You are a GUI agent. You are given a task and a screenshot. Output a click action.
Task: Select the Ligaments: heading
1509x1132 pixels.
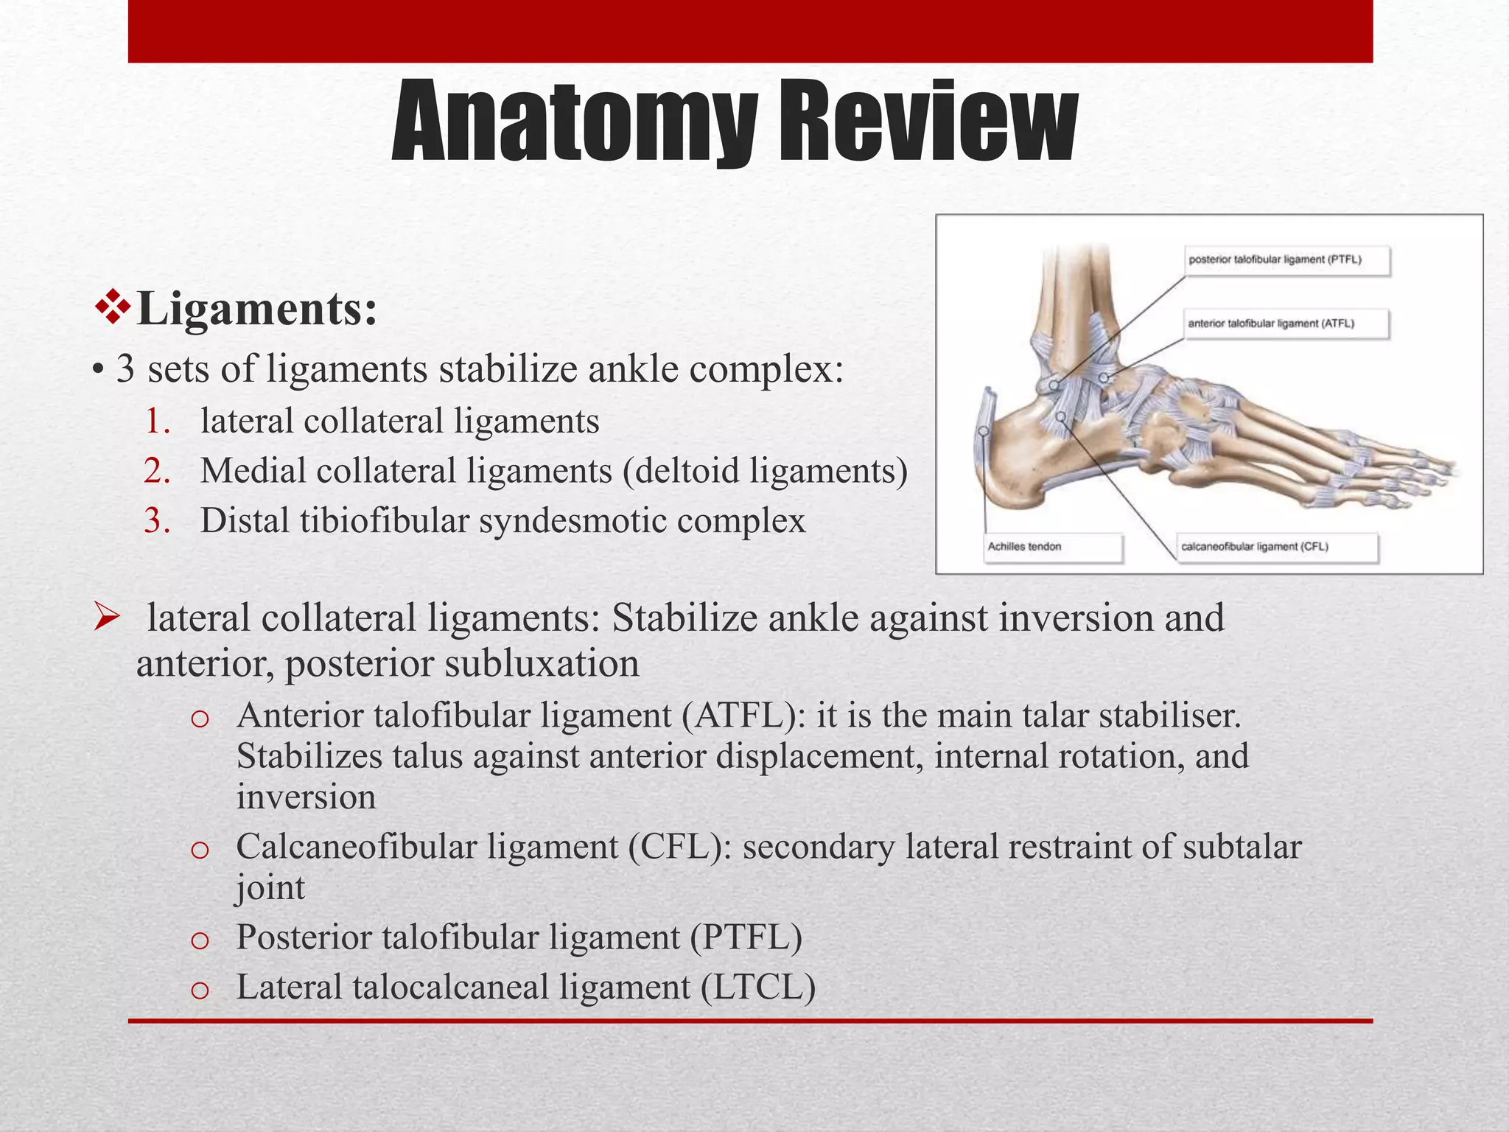257,309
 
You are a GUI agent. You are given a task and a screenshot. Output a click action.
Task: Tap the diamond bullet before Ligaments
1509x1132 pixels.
113,307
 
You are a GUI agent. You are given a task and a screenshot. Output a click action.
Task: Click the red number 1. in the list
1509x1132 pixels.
158,422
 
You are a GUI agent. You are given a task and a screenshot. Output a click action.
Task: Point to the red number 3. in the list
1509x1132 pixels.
158,521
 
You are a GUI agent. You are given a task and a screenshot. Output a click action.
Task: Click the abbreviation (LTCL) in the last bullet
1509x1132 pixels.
758,987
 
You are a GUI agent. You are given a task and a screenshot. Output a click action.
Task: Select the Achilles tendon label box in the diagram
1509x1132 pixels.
1054,548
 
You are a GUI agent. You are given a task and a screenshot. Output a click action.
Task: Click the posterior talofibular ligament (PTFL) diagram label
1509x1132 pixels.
1286,260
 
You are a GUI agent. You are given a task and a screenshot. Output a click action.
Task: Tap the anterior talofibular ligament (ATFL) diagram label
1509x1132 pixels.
1286,324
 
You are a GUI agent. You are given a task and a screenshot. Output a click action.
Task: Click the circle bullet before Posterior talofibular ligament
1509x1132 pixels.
200,940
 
